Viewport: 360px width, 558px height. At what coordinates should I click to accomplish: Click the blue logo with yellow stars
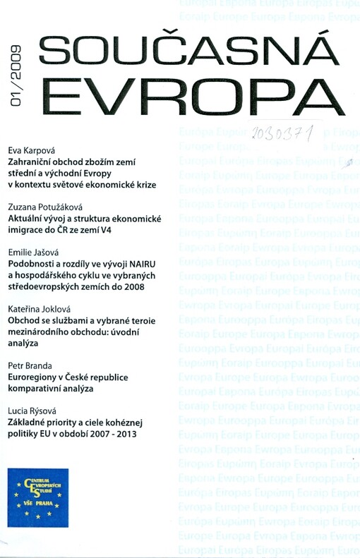point(38,497)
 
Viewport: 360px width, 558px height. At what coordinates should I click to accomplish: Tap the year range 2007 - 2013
point(114,434)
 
